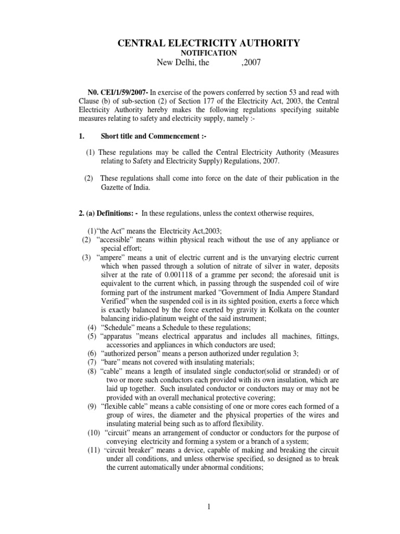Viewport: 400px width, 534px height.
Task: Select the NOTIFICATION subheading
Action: point(208,54)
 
